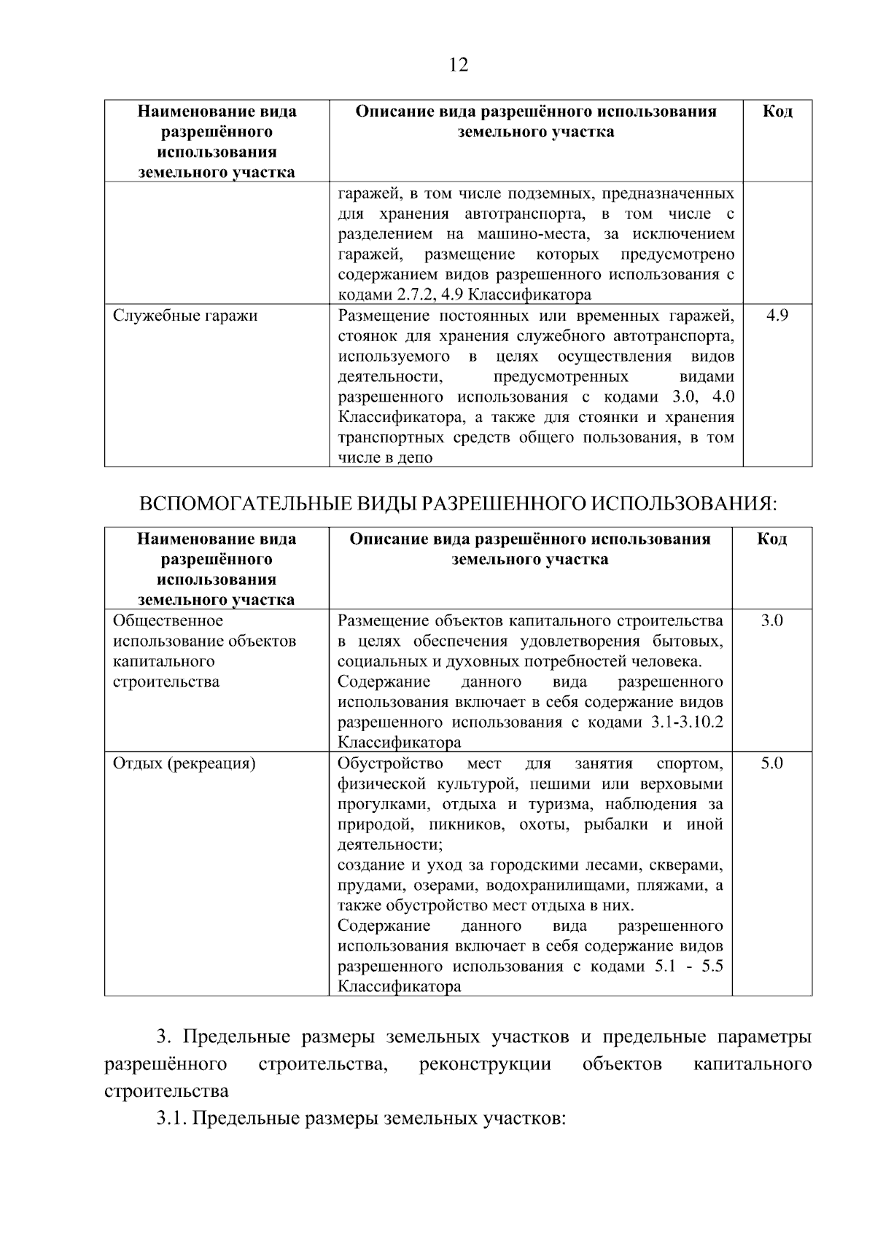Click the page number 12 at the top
[459, 66]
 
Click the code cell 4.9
[777, 316]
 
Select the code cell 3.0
[771, 621]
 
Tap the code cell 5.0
[771, 763]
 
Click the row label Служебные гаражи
[185, 316]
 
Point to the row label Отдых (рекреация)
[184, 763]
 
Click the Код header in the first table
[777, 112]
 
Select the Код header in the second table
[771, 539]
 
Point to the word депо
[416, 458]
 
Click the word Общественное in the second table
[168, 621]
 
